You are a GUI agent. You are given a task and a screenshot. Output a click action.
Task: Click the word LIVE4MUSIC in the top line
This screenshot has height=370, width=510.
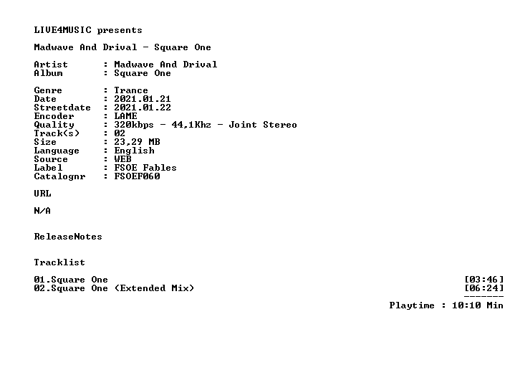[x=63, y=30]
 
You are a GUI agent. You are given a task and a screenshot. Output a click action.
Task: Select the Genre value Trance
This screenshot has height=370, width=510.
[x=131, y=90]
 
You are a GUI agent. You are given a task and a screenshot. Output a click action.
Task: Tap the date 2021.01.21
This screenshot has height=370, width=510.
[x=143, y=99]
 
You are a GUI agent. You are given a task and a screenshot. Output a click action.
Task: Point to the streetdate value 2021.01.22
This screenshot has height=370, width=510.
[x=143, y=108]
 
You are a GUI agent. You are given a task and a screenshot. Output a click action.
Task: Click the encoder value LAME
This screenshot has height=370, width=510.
[x=125, y=116]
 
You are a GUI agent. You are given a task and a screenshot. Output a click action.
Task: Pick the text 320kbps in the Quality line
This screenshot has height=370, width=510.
[x=134, y=125]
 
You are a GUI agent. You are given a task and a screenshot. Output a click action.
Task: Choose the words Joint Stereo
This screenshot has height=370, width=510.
[x=263, y=125]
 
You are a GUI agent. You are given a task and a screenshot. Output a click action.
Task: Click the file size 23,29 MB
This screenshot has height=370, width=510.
[x=137, y=142]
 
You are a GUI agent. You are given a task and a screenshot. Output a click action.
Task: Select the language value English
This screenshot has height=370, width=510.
[x=134, y=151]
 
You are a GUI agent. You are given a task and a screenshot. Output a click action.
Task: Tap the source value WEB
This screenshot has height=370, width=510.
[x=122, y=159]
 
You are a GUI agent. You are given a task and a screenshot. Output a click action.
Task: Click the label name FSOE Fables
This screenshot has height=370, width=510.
[x=145, y=168]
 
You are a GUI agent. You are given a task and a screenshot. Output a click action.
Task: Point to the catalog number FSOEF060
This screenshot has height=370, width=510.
[x=137, y=176]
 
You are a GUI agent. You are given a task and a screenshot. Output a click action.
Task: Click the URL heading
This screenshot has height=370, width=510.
[x=42, y=194]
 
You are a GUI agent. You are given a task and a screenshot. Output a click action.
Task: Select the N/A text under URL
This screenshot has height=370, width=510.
[x=42, y=211]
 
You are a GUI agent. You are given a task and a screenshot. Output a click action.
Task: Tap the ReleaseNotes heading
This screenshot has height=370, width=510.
[x=68, y=237]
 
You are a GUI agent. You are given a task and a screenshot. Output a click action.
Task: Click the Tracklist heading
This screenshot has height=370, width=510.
[x=59, y=262]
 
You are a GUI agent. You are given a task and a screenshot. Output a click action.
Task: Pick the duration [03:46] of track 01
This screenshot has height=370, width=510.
[x=484, y=280]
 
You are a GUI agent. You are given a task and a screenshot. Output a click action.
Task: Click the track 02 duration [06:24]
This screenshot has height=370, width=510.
[x=484, y=288]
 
